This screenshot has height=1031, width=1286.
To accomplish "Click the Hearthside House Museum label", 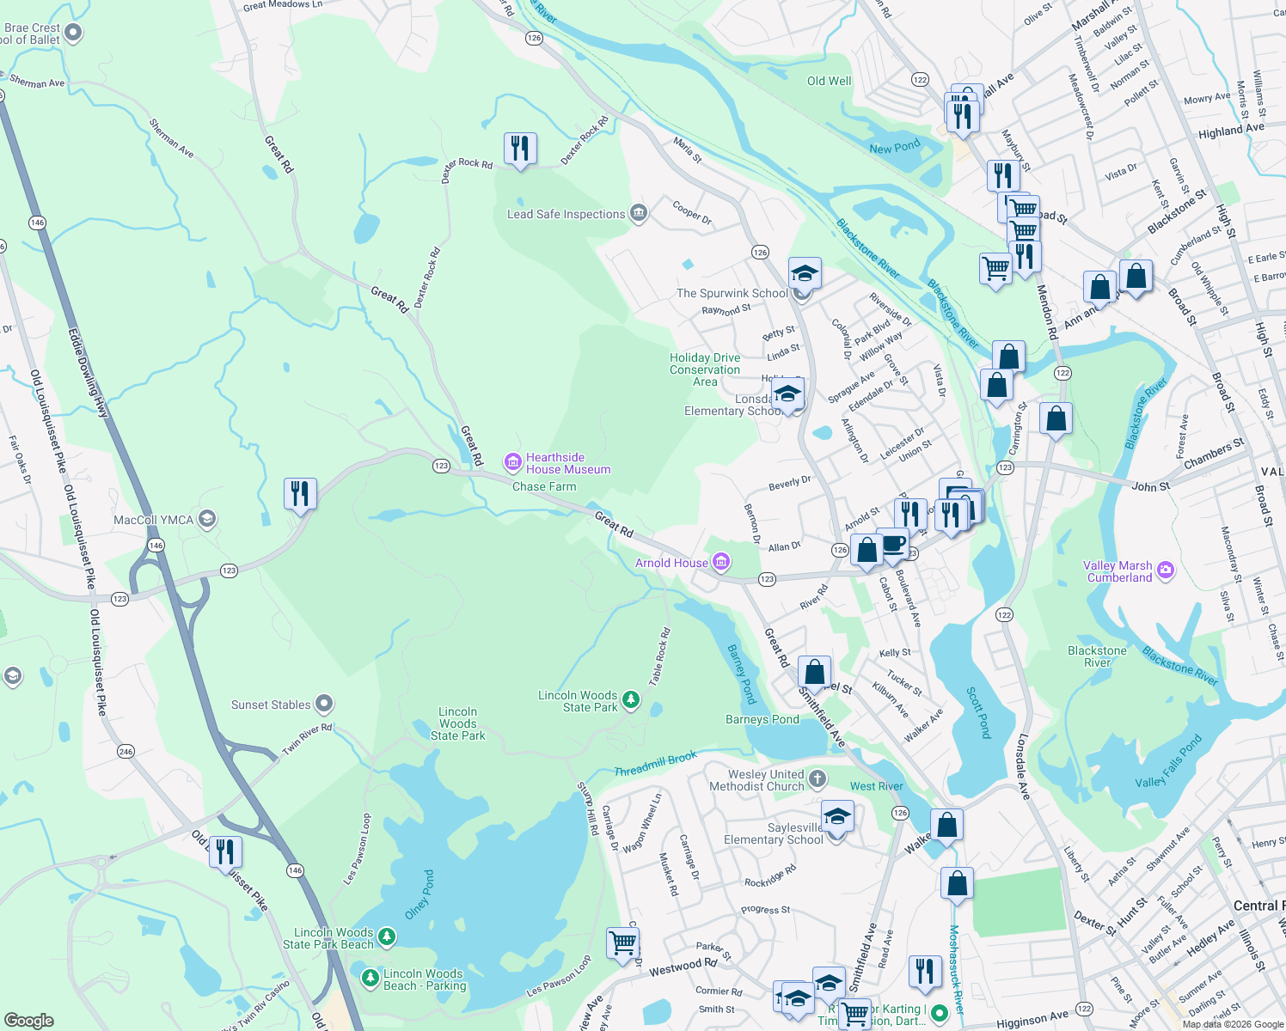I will tap(567, 464).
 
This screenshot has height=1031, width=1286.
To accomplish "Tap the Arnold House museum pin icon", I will tap(721, 563).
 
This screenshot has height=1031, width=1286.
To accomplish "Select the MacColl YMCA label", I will tap(154, 520).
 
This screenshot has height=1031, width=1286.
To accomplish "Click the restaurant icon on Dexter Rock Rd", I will tap(520, 149).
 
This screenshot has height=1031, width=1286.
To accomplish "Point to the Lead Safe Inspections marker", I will tap(638, 214).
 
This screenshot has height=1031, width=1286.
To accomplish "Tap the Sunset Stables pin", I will tap(324, 705).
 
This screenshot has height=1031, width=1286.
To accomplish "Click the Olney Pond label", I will tap(419, 894).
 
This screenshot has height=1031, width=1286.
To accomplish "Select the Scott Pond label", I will tap(978, 712).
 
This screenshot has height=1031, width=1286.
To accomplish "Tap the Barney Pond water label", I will tap(741, 674).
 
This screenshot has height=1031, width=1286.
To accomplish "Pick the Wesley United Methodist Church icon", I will tap(818, 779).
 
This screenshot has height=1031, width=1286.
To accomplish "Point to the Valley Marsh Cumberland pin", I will tap(1166, 570).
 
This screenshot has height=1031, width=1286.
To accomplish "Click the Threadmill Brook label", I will tap(655, 765).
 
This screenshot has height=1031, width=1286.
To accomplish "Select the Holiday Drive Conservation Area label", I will tap(705, 369).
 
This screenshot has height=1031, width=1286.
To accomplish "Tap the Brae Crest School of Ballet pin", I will tap(73, 33).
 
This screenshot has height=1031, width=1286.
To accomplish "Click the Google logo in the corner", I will tap(29, 1020).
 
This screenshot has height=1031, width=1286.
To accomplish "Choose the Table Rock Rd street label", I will tap(659, 657).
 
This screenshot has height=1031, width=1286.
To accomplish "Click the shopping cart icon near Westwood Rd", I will tap(623, 943).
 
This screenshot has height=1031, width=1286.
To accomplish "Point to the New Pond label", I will tap(894, 147).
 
